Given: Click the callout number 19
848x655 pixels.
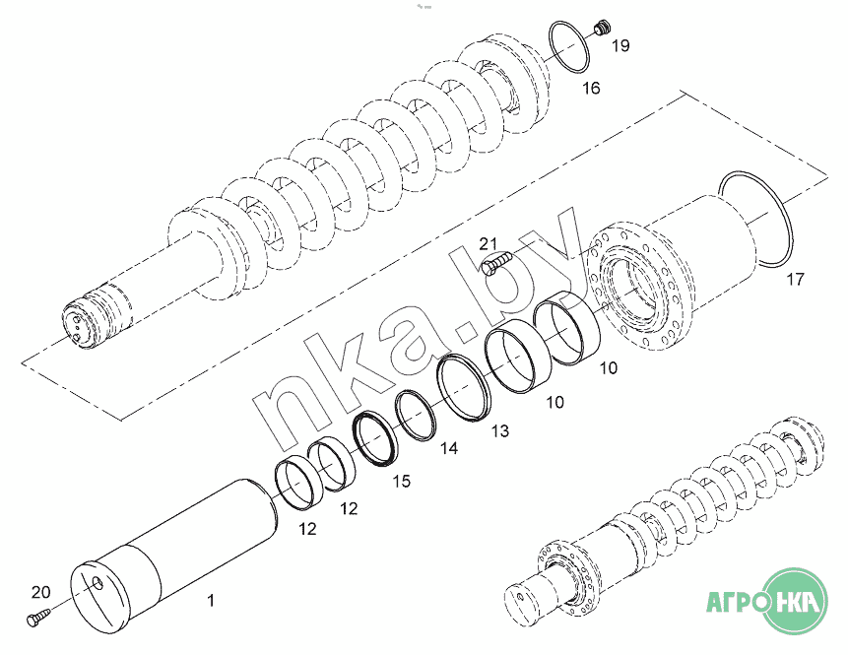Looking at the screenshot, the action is coord(620,45).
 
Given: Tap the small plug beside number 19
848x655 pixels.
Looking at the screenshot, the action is coord(601,27).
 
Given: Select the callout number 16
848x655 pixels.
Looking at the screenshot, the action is coord(591,88).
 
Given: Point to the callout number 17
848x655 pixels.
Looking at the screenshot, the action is coord(795,279).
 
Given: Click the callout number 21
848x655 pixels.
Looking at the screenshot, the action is coord(488,243).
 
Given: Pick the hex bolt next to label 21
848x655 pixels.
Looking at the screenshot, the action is coord(495,263).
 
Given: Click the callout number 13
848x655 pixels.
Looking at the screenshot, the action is coord(499,430).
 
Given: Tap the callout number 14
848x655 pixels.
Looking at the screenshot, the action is coord(449,448).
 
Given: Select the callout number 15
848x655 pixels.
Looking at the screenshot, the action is coord(401,481).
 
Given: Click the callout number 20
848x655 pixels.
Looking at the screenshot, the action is coord(40,592).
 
